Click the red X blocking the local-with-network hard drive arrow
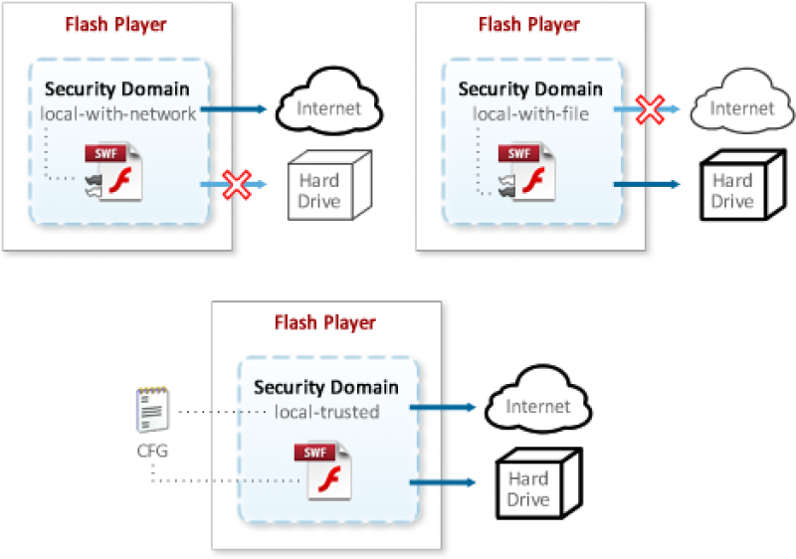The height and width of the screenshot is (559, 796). point(236,184)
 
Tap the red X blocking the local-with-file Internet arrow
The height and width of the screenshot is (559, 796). point(650,110)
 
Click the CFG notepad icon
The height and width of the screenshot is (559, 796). point(151,411)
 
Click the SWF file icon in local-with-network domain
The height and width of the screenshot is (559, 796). point(114,171)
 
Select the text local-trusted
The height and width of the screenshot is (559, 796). point(326,411)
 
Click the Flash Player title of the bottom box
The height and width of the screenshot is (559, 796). point(325,323)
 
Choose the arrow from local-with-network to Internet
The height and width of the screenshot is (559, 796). point(235,109)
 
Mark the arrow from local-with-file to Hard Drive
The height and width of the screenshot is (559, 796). point(647,184)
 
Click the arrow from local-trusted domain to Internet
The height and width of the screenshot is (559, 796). point(443,407)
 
